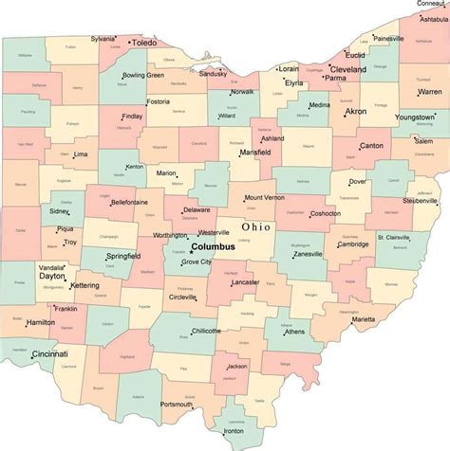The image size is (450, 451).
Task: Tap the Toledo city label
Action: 144,44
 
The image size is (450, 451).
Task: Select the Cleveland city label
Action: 348,69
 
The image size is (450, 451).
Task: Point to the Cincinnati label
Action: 49,353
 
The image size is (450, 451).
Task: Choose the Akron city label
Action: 356,111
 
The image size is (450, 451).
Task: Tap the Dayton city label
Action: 52,276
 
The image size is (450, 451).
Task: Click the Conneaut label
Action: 432,4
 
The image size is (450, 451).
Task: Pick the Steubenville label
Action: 419,201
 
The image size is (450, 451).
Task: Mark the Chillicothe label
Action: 205,331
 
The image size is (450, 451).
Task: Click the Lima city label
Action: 82,153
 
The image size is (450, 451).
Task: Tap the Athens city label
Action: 294,332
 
